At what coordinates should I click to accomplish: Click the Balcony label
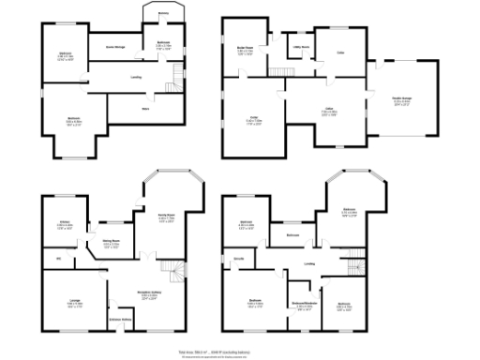[162, 13]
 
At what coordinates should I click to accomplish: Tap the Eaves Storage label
[114, 45]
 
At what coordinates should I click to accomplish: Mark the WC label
[58, 257]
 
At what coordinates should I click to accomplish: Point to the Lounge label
[73, 302]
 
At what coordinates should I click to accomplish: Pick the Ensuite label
[239, 257]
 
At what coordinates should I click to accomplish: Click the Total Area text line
[240, 351]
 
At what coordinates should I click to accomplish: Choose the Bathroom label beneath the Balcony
[161, 43]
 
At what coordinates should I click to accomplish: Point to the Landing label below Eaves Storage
[137, 77]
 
